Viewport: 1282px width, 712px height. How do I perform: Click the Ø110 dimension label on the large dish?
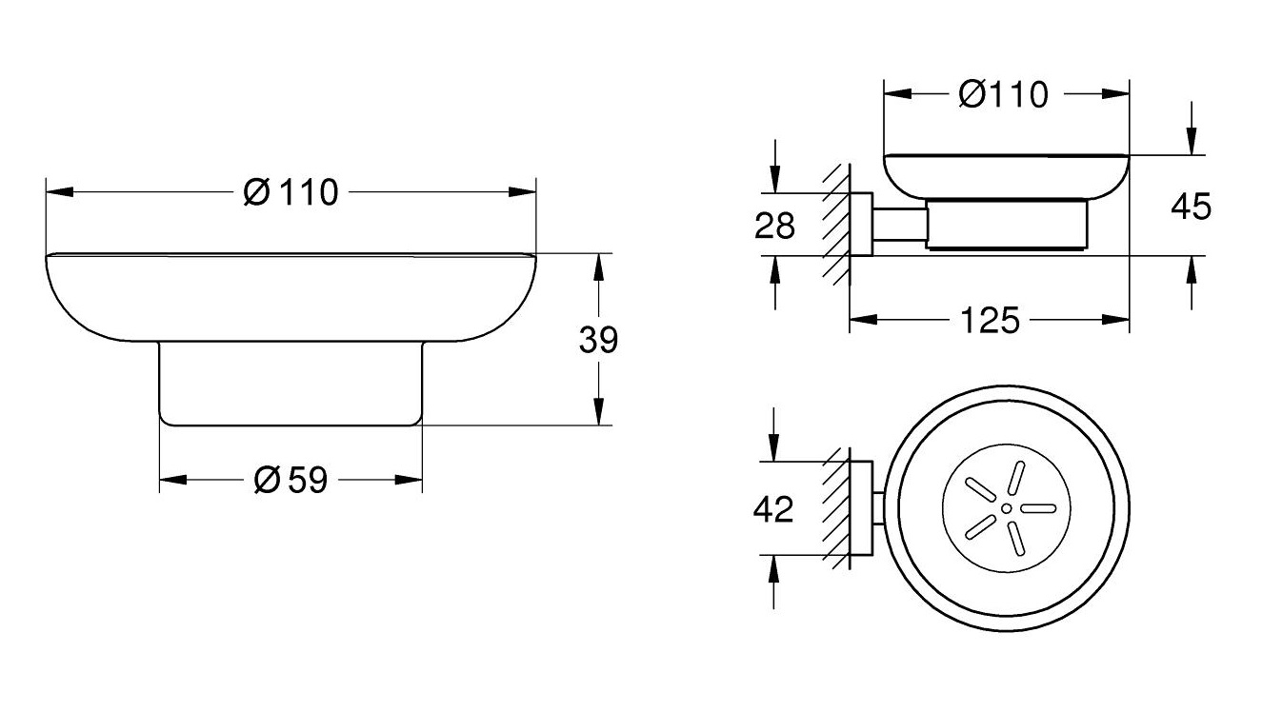(290, 192)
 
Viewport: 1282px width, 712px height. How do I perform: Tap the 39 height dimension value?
(598, 340)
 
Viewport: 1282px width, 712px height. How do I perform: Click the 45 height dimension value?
(1190, 206)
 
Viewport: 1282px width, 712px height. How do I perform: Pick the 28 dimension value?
(773, 227)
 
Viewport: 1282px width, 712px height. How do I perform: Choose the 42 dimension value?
(772, 510)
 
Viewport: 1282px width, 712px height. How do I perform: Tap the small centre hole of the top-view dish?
(1006, 509)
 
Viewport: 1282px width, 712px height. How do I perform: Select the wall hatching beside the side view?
(836, 224)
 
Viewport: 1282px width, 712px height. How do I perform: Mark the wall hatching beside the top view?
(836, 509)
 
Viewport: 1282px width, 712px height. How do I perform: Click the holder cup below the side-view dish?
(1006, 226)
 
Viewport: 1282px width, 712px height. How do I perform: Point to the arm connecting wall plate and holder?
(898, 226)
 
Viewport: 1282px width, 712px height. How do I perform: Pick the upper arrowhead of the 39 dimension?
(598, 266)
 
